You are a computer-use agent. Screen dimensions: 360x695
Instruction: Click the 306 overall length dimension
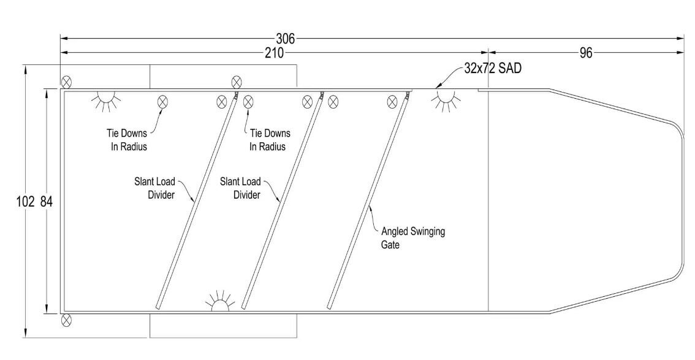pos(286,39)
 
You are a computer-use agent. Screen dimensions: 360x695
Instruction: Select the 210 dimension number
pos(274,53)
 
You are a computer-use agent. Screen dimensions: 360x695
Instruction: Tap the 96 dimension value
pos(586,53)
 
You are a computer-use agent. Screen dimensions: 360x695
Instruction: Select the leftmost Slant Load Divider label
pos(154,188)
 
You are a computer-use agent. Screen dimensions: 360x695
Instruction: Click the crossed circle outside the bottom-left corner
pos(66,320)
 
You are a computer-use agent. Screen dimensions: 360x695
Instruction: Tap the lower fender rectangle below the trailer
pos(223,325)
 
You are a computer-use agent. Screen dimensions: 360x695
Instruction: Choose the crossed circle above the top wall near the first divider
pos(237,82)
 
